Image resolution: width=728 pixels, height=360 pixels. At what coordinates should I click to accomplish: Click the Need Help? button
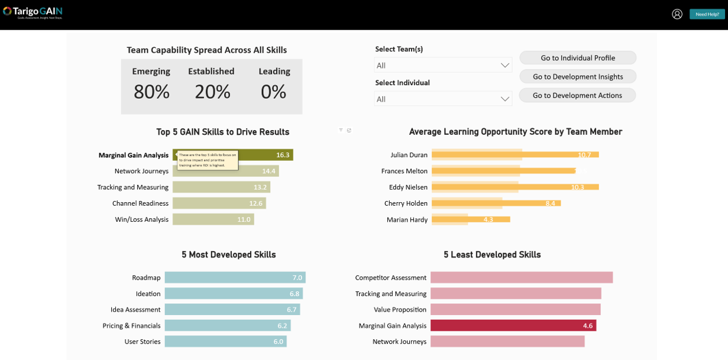pos(707,14)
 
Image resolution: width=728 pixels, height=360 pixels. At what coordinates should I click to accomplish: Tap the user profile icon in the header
pos(677,14)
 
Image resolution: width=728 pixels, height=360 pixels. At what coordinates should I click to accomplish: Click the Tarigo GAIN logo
pos(33,12)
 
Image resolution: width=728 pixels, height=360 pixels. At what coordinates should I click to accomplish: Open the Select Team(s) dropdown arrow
pos(504,66)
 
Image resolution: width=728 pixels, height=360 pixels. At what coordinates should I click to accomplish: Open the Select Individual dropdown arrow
pos(504,99)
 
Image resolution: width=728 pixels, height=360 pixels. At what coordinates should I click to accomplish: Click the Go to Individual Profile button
pos(578,58)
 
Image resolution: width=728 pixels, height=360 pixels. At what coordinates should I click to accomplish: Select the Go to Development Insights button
pos(578,77)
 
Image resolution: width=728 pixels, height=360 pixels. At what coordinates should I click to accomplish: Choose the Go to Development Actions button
pos(577,96)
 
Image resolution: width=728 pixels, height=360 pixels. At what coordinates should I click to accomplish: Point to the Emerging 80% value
pos(151,92)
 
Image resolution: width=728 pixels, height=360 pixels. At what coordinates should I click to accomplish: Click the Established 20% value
pos(212,92)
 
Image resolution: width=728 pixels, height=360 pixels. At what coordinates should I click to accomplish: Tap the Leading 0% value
pos(274,92)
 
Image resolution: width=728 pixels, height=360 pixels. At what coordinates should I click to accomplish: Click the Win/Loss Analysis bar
pos(213,219)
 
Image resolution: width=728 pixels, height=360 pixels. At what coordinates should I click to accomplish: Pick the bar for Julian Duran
pos(515,155)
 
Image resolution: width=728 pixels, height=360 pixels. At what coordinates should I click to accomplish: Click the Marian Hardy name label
pos(407,220)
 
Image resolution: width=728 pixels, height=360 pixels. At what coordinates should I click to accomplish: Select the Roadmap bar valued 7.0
pos(235,278)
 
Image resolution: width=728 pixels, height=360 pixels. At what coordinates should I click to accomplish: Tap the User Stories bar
pos(225,342)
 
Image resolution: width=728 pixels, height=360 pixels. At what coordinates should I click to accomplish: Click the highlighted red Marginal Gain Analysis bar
pos(513,326)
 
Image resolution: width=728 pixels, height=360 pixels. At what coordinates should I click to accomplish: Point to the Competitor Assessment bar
pos(521,278)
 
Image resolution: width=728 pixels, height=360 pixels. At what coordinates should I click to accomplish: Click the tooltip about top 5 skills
pos(208,160)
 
